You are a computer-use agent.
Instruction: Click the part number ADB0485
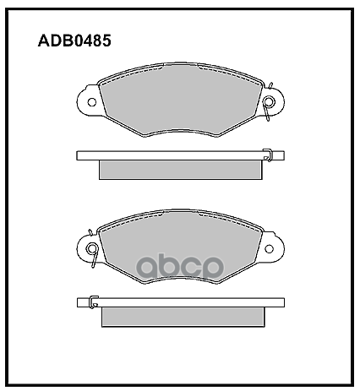(74, 41)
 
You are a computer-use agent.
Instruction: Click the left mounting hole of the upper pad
(92, 102)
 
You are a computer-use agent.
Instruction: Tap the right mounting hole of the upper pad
(270, 101)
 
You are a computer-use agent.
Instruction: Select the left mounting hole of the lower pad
(92, 248)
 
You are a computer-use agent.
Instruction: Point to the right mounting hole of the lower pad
(270, 249)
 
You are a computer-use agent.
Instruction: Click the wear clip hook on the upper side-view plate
(268, 155)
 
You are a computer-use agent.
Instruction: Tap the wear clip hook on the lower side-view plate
(94, 302)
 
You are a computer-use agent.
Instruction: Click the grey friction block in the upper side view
(181, 170)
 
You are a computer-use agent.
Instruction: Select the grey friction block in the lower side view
(183, 317)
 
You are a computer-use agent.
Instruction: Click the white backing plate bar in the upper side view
(180, 155)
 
